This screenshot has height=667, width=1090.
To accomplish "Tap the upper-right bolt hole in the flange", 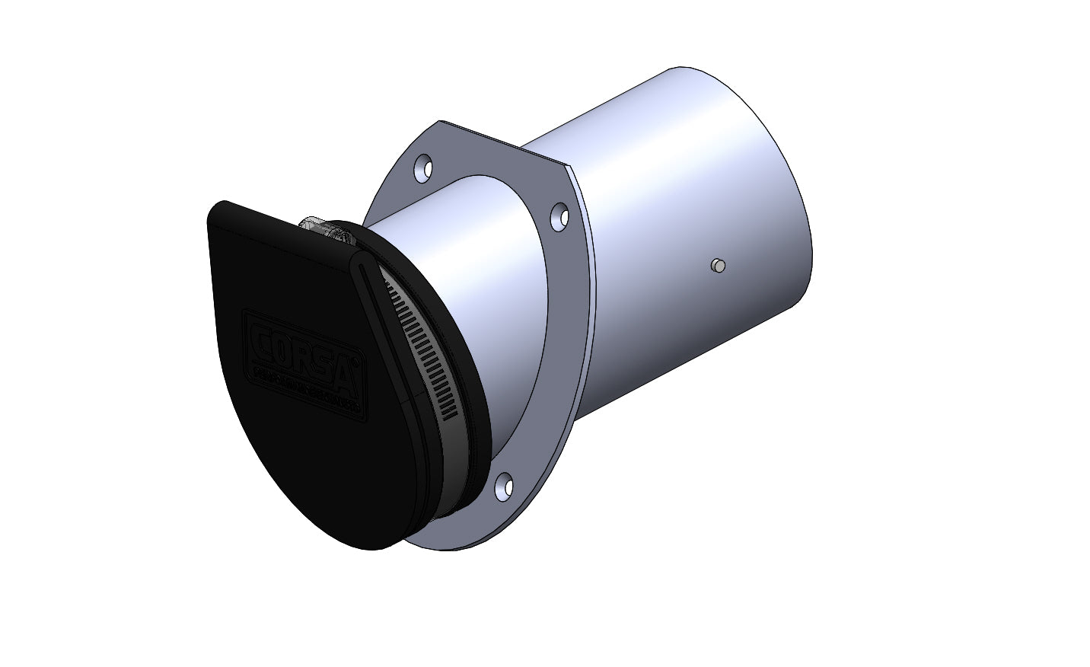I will coord(559,215).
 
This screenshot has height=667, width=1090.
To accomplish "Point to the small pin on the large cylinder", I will coord(716,265).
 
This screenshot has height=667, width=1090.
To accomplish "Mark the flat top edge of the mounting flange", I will coord(502,141).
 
